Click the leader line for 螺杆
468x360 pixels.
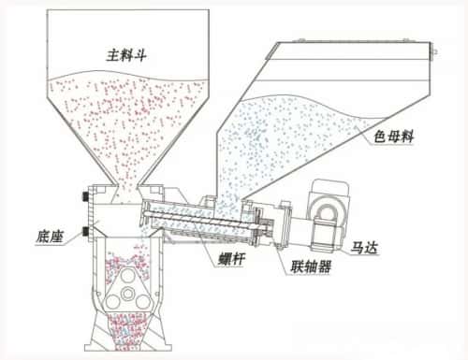[x=200, y=241]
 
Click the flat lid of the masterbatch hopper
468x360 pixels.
[x=356, y=43]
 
